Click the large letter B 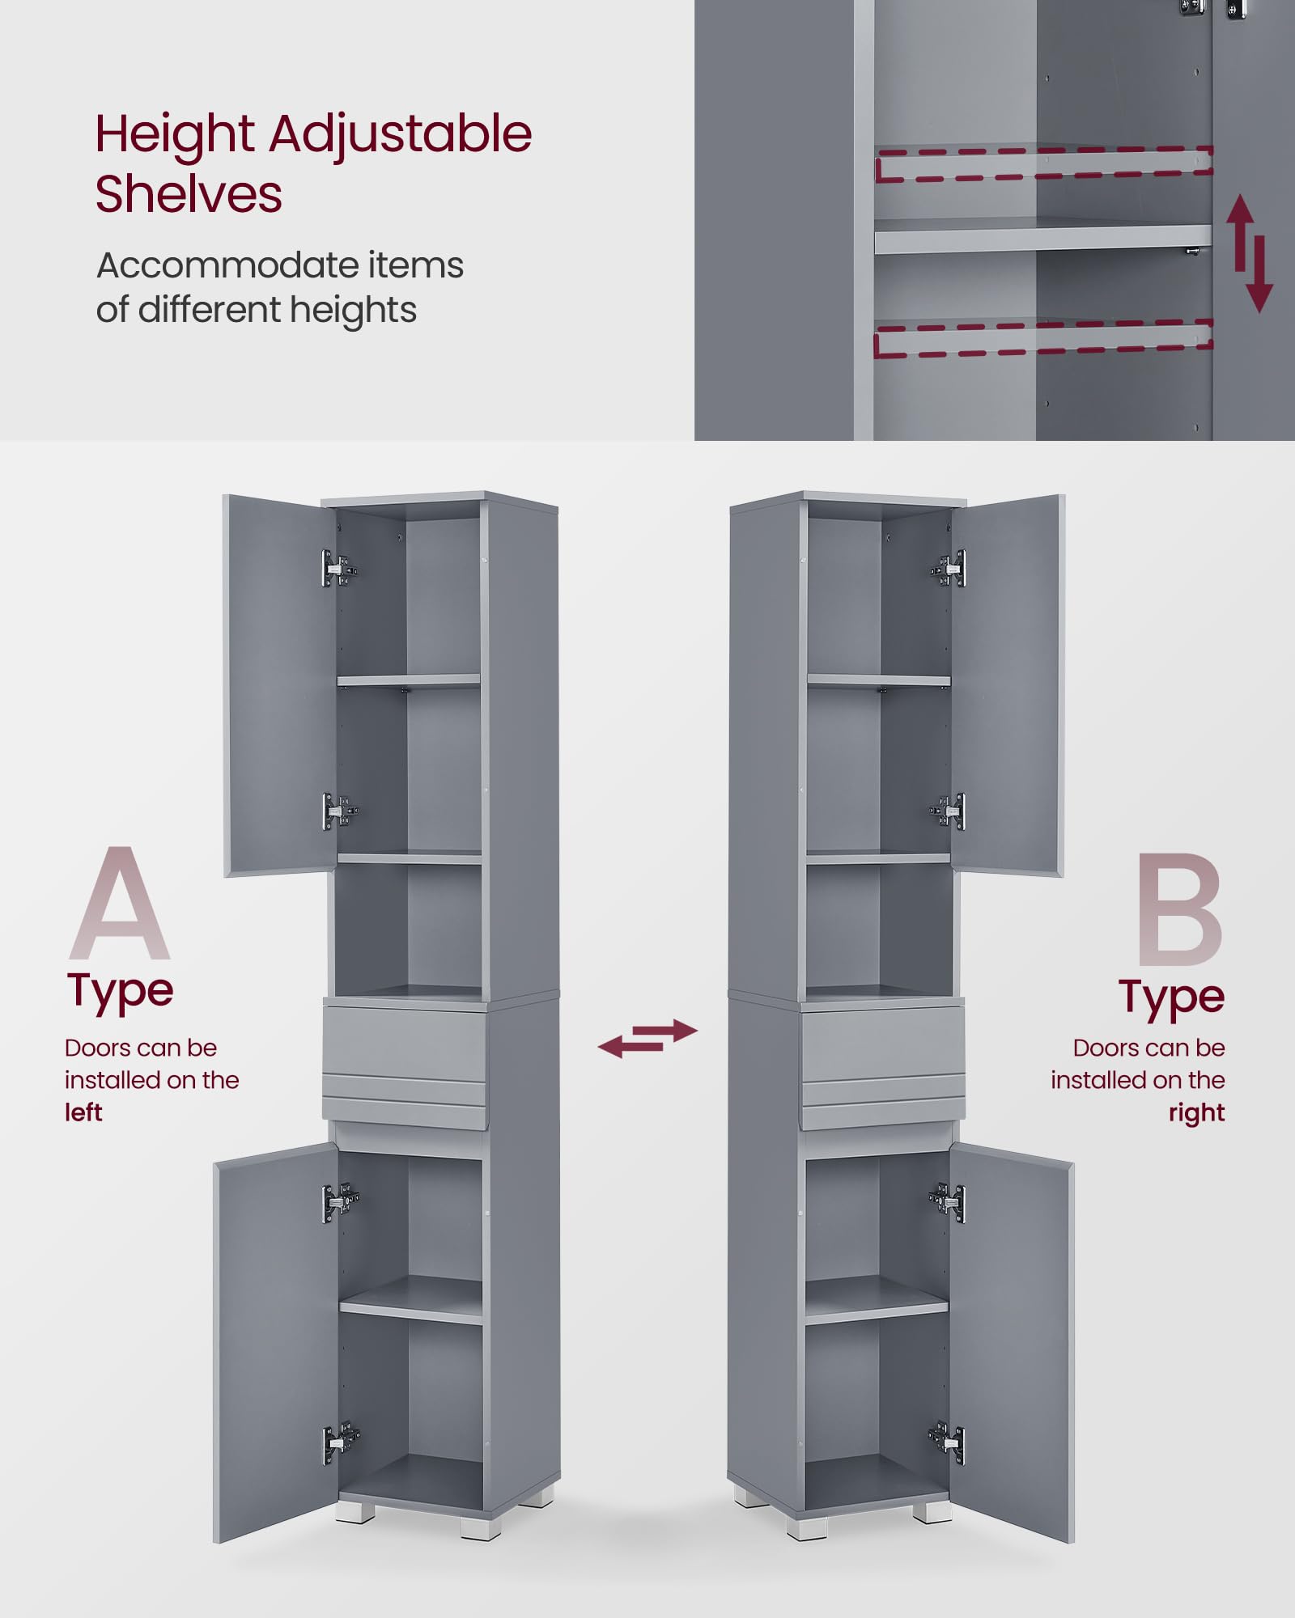[1179, 911]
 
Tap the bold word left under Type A [83, 1112]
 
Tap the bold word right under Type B [1196, 1113]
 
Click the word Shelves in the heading [189, 194]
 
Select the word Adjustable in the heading [401, 134]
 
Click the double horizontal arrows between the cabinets [647, 1038]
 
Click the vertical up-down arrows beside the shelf [1250, 253]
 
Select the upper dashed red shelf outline [1043, 163]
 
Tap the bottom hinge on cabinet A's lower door [340, 1442]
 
